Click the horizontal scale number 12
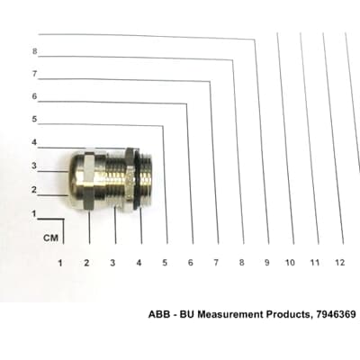339,263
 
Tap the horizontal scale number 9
266,263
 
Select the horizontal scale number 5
165,263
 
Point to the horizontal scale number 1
60,263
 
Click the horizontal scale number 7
216,263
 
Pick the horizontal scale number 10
290,263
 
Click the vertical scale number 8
35,51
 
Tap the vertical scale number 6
35,96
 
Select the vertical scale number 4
34,142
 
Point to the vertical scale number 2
34,190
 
